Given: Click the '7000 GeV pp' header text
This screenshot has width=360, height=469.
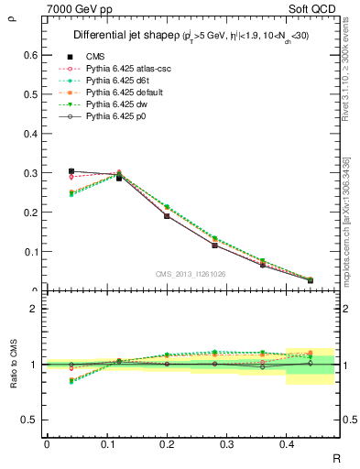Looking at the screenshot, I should pyautogui.click(x=76, y=9).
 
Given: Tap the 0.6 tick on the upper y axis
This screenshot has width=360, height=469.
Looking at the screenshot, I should pyautogui.click(x=30, y=55).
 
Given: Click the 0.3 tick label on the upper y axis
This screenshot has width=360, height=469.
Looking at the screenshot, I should pyautogui.click(x=30, y=173).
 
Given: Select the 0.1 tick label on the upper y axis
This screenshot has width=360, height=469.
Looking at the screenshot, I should pyautogui.click(x=30, y=252).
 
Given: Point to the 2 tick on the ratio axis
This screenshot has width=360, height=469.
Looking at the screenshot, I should pyautogui.click(x=36, y=309).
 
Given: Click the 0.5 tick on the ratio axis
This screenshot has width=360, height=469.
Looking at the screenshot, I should pyautogui.click(x=30, y=420).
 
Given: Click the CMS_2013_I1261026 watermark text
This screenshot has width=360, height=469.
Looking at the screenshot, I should pyautogui.click(x=191, y=274).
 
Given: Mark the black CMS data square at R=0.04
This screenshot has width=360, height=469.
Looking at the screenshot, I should pyautogui.click(x=71, y=171).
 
